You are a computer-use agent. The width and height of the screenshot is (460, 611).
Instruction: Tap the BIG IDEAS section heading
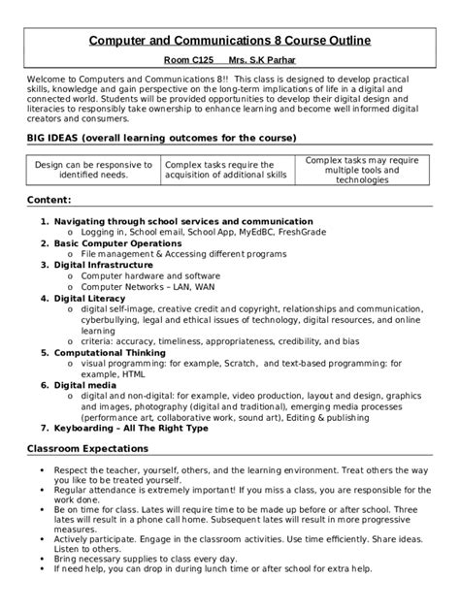click(160, 139)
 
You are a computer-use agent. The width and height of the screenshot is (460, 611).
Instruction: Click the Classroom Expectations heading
click(86, 449)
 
